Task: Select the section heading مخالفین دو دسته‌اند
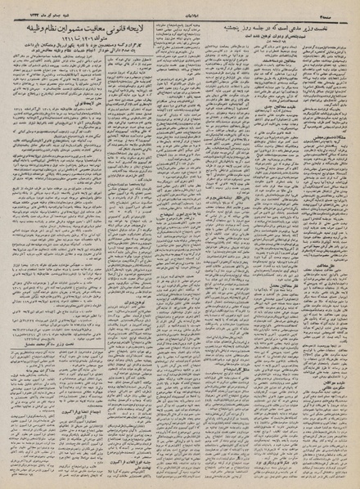(270, 96)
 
